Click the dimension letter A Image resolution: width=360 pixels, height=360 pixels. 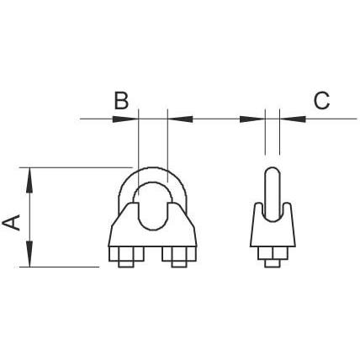pyautogui.click(x=11, y=223)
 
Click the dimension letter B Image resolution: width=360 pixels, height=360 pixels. pyautogui.click(x=121, y=100)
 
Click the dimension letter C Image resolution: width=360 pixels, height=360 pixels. pyautogui.click(x=321, y=100)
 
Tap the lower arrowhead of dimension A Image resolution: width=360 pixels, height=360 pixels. pyautogui.click(x=29, y=254)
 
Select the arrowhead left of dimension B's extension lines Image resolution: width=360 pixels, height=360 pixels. pyautogui.click(x=125, y=119)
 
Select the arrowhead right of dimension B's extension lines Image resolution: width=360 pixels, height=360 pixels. pyautogui.click(x=180, y=119)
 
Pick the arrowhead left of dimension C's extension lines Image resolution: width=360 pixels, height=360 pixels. pyautogui.click(x=252, y=119)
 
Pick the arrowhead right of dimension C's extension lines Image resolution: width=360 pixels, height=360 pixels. pyautogui.click(x=293, y=119)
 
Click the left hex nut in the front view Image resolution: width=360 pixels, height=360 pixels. pyautogui.click(x=126, y=254)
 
